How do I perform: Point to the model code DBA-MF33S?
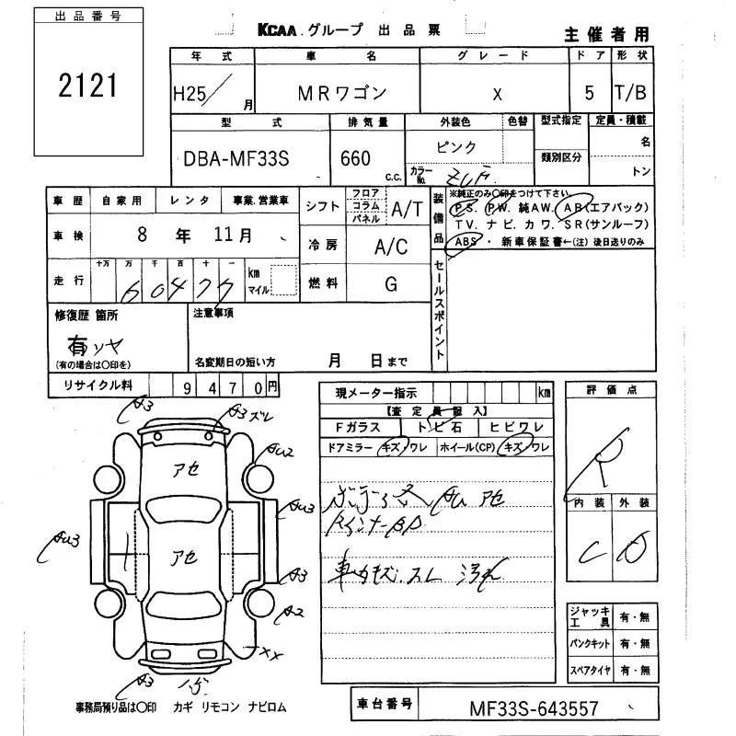(x=236, y=158)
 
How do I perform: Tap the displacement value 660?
(x=355, y=158)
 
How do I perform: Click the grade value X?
(x=498, y=94)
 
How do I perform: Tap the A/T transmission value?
(x=407, y=210)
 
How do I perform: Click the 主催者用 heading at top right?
(x=606, y=34)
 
